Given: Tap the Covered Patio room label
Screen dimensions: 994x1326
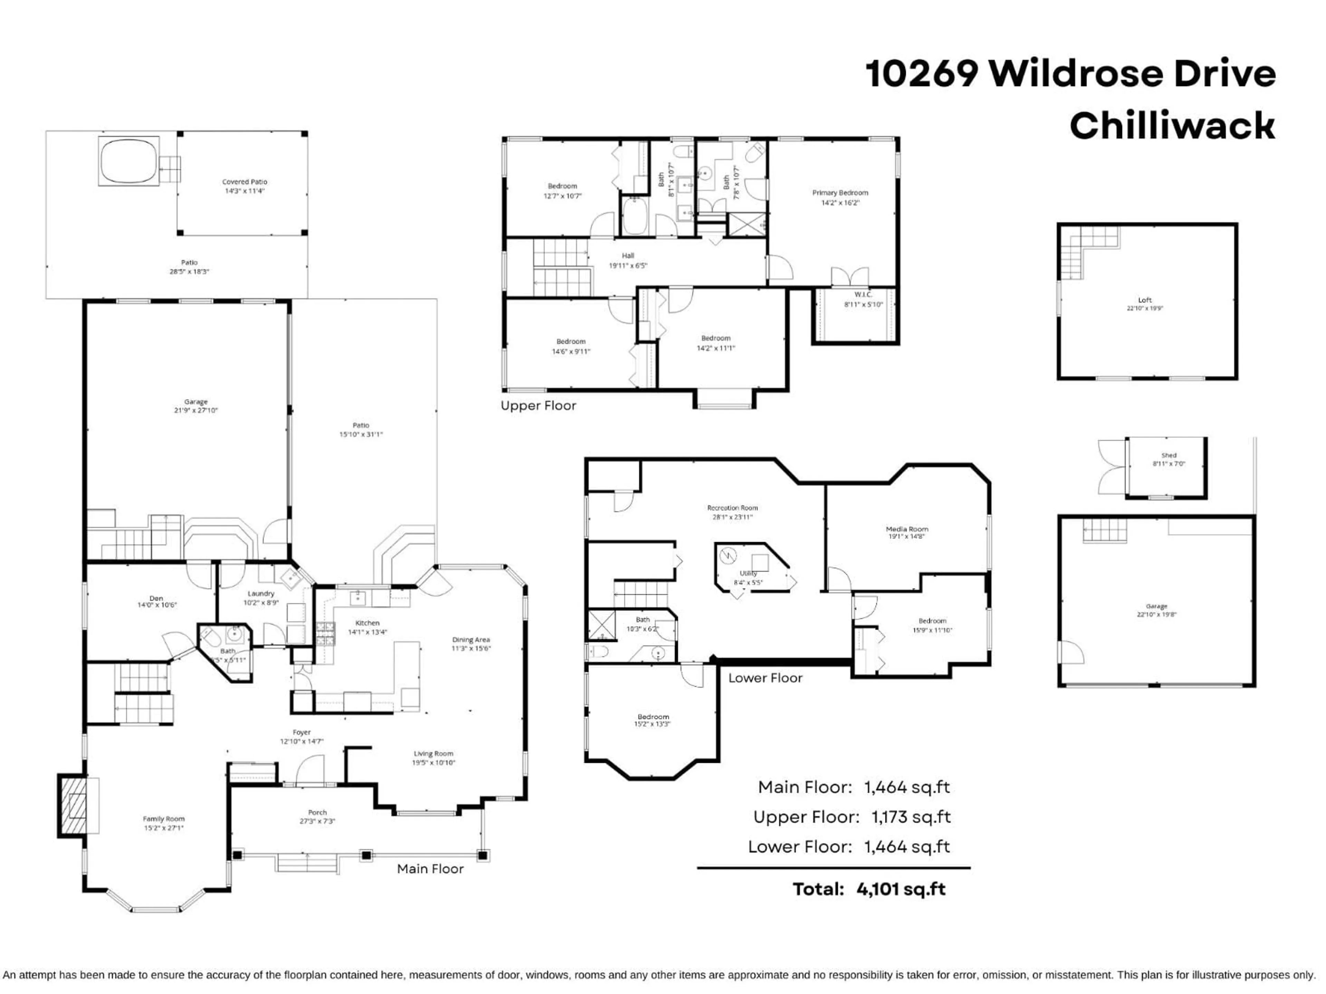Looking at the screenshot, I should point(244,186).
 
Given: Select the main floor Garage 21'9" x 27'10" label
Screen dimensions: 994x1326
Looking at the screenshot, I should point(196,406).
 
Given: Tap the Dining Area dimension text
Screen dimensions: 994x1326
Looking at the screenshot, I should point(471,648).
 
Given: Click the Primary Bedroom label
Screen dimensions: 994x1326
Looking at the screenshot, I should point(840,197).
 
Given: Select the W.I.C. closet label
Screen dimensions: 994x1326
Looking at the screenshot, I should point(863,299).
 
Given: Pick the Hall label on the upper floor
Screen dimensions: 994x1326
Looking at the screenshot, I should point(628,260).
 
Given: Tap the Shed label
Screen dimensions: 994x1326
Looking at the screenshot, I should point(1168,459).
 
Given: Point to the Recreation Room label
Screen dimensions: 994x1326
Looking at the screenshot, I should point(732,512).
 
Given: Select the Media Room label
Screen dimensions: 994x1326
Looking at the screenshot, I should point(906,532).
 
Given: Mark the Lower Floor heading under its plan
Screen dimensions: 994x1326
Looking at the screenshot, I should point(765,678).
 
